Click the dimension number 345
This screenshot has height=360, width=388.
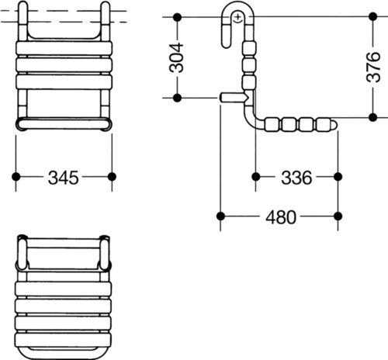[x=63, y=178]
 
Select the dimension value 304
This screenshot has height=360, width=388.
[x=176, y=58]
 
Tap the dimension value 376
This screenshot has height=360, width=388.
[x=373, y=67]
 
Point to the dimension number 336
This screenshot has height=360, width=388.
[x=296, y=178]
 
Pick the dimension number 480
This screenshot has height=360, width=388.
[x=281, y=217]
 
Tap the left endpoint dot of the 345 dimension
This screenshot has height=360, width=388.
[x=16, y=177]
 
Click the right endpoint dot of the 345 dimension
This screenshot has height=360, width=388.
[x=112, y=177]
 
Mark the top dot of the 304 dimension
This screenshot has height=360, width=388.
[x=177, y=17]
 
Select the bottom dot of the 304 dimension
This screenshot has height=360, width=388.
[x=177, y=98]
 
